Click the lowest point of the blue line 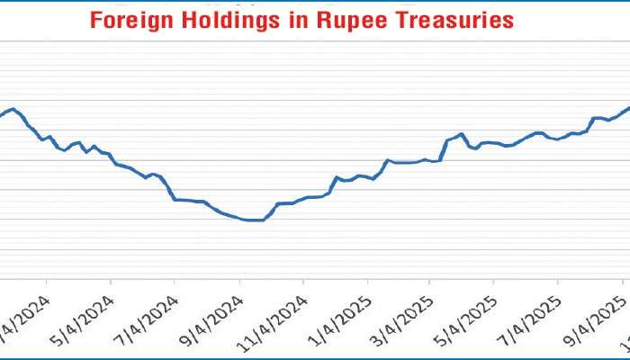click(x=255, y=220)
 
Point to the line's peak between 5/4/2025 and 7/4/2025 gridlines click(x=462, y=134)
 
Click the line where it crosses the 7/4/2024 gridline click(x=175, y=199)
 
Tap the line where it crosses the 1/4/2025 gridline click(x=367, y=176)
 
